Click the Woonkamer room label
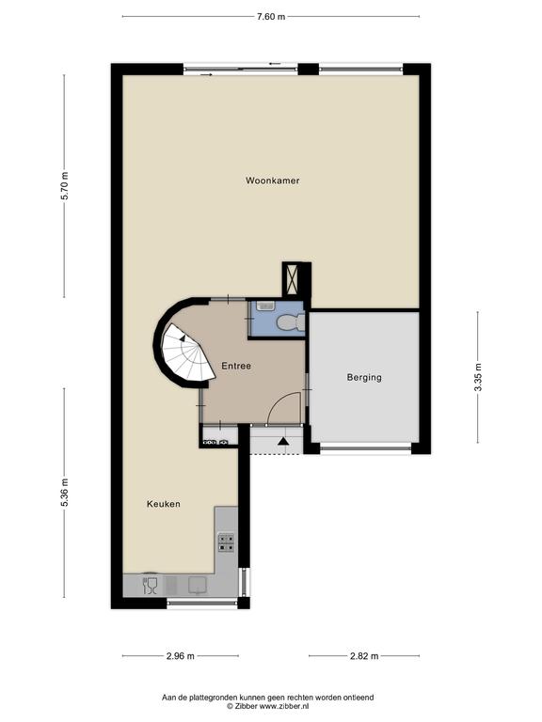(272, 180)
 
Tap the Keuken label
(164, 504)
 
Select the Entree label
(236, 366)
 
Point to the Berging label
(364, 378)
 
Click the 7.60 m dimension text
(271, 17)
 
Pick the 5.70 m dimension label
(65, 185)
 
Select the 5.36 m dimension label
(65, 493)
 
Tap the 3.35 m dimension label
(478, 377)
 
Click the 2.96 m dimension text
(181, 655)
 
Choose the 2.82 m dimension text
(364, 655)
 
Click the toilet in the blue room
(291, 322)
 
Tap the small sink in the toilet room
(266, 306)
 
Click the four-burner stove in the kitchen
(226, 542)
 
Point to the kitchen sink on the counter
(199, 586)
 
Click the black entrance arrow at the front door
(283, 441)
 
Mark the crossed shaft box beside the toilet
(292, 279)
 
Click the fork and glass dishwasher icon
(151, 586)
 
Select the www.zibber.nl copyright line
(268, 705)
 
